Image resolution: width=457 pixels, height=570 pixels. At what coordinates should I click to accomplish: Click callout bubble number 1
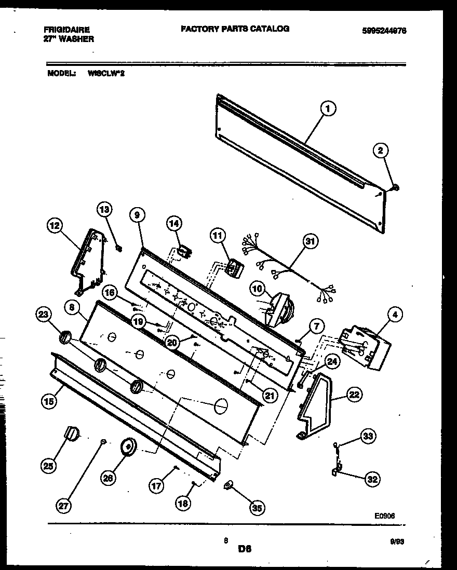click(327, 109)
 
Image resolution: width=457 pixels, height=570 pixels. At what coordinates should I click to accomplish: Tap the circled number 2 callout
click(381, 151)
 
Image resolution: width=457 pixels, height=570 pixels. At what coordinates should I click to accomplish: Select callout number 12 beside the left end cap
click(54, 226)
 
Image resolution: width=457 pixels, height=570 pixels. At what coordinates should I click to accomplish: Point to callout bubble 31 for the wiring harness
click(310, 241)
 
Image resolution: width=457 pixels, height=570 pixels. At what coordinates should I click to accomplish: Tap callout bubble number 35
click(255, 508)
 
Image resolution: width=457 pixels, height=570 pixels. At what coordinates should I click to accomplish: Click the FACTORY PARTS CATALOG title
click(235, 29)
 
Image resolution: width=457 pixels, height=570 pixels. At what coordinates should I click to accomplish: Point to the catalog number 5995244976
click(384, 31)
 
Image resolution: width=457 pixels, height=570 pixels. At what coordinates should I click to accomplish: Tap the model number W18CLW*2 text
click(106, 74)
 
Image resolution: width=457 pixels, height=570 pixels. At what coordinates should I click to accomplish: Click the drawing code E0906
click(385, 517)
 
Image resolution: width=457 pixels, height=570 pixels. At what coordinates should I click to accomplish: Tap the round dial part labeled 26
click(127, 446)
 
